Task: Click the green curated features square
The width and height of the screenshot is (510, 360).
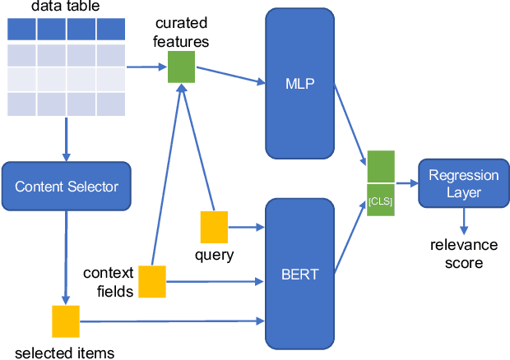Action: click(x=181, y=67)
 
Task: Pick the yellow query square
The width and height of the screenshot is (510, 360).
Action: click(x=214, y=227)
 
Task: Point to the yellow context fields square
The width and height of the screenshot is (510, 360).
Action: click(x=151, y=281)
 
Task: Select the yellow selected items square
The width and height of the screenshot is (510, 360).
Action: click(x=66, y=321)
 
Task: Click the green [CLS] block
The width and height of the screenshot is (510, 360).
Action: click(x=381, y=199)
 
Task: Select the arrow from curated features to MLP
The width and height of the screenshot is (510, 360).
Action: click(x=230, y=75)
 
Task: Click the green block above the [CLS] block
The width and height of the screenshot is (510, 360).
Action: click(x=381, y=166)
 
